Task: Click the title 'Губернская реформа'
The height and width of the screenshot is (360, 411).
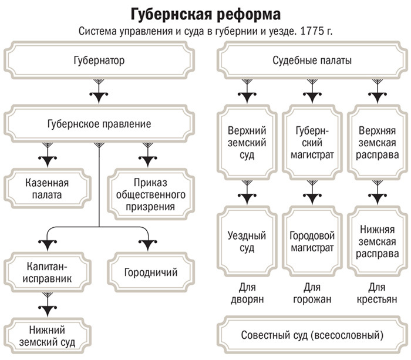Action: click(205, 12)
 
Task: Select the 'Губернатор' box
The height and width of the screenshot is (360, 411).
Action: click(99, 60)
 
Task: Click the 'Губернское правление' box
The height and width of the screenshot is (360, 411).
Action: click(99, 124)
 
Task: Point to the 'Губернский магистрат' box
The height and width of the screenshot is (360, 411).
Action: click(312, 142)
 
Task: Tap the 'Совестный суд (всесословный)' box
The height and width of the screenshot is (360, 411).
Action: click(312, 335)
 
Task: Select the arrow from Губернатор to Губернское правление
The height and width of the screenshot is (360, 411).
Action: click(99, 92)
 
